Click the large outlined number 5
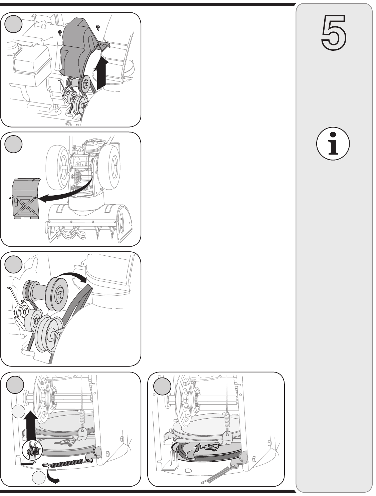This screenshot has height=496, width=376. (334, 32)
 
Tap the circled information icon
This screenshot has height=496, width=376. (333, 144)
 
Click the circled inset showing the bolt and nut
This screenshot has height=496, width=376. (32, 452)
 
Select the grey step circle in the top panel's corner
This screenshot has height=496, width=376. (13, 24)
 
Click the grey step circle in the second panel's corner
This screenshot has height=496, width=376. (13, 144)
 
